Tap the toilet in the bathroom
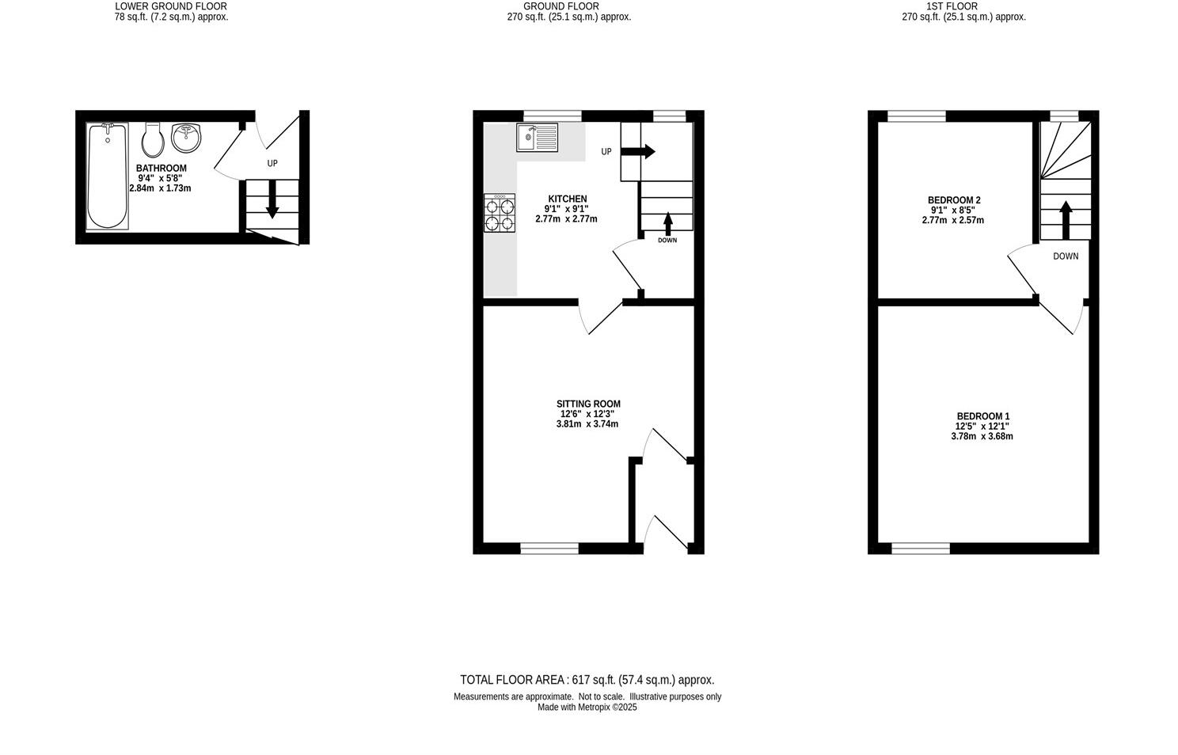click(x=153, y=140)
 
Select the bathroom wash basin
click(x=187, y=137)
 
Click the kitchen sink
click(x=538, y=137)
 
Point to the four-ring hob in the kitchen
click(x=500, y=213)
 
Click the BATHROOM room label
click(x=161, y=169)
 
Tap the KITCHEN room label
click(x=568, y=199)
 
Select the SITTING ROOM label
click(x=588, y=404)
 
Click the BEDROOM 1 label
click(x=983, y=416)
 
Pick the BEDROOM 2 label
click(x=954, y=200)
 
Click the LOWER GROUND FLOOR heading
click(x=171, y=6)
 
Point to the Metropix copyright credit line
click(x=587, y=708)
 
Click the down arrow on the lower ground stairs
click(x=272, y=199)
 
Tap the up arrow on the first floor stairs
click(x=1066, y=219)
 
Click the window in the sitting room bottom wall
click(x=549, y=548)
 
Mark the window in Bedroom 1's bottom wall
click(x=921, y=548)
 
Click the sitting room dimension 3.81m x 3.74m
click(x=587, y=424)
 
